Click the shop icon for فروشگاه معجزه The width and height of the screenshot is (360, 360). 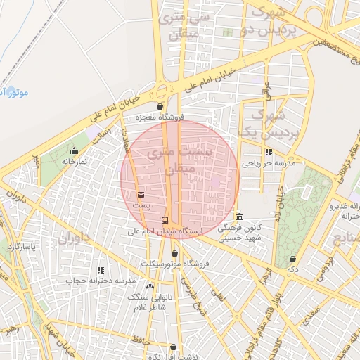[161, 107]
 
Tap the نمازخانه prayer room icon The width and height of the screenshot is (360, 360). [75, 150]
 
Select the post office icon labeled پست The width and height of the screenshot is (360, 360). [141, 194]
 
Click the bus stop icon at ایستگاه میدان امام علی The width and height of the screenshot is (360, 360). [165, 220]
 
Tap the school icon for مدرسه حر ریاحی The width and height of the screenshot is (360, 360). [268, 151]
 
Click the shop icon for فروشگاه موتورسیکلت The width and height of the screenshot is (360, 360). [174, 253]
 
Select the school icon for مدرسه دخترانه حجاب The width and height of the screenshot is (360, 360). [101, 270]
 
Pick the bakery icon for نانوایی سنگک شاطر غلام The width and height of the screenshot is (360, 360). [150, 286]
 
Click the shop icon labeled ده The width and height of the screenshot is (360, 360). [292, 259]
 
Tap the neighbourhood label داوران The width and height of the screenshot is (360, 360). [70, 240]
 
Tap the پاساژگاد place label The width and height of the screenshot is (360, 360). [21, 247]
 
